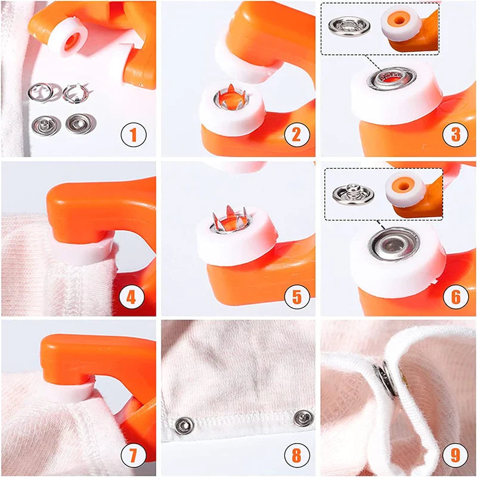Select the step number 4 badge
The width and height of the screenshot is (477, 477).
(134, 295)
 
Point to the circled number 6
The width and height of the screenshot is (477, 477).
(455, 295)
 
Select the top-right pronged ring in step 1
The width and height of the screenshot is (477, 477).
(75, 92)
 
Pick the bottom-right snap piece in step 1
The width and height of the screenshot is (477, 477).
(77, 124)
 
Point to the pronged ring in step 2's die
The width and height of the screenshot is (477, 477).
(232, 100)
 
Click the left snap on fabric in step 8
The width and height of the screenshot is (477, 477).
(184, 425)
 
